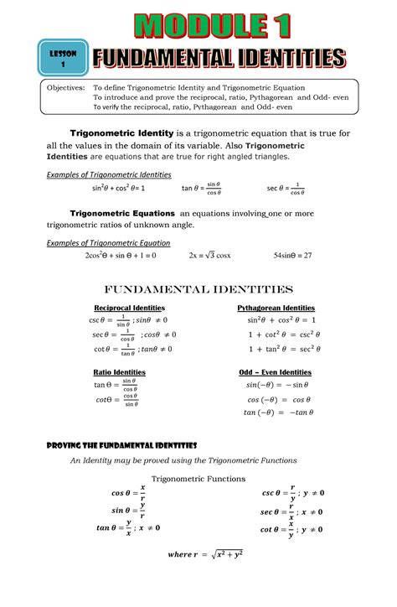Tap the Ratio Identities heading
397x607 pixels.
tap(119, 371)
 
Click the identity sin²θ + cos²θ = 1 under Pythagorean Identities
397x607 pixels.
tap(281, 320)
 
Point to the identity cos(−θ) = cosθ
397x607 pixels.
tap(279, 399)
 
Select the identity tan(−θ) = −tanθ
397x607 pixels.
tap(279, 412)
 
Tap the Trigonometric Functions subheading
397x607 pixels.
tap(198, 479)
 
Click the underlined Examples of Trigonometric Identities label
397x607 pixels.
tap(108, 174)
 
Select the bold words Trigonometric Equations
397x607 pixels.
tap(122, 213)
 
